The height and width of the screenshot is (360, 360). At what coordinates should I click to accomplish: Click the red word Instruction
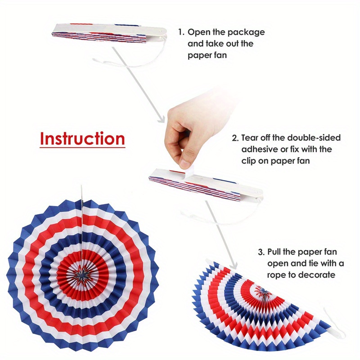82,139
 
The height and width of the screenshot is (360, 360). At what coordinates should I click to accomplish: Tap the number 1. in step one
180,32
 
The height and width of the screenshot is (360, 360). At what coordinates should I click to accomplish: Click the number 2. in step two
235,138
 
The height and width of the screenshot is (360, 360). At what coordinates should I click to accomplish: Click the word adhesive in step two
260,149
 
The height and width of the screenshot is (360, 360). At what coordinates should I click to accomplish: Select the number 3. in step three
261,252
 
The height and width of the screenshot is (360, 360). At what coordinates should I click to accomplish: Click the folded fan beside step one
108,36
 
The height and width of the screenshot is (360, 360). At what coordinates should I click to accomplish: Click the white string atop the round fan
82,198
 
